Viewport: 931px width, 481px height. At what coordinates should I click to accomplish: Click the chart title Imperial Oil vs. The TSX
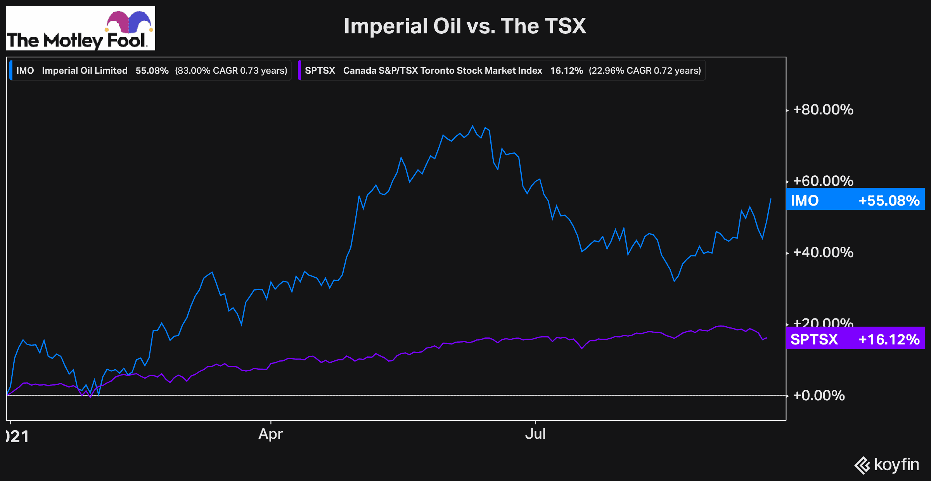[465, 26]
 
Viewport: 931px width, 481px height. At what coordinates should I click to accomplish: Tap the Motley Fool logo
[81, 29]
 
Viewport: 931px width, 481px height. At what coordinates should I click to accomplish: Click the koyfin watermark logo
[887, 465]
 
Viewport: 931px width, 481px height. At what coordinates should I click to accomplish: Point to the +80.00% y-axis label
[823, 110]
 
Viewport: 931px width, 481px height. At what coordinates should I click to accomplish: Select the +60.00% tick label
[823, 181]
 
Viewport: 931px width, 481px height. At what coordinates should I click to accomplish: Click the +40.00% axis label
[823, 253]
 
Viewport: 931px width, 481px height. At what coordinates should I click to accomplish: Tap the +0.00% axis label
[819, 396]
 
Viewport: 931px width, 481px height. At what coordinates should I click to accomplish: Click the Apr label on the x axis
[270, 434]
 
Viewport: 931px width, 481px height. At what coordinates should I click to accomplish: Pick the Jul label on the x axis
[535, 434]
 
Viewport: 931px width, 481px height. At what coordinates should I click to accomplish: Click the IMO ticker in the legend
[25, 71]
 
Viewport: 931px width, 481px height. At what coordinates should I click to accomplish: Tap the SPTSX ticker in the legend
[320, 71]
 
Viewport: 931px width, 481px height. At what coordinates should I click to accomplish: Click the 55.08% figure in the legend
[152, 71]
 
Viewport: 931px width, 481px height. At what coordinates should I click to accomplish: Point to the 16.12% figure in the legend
[566, 71]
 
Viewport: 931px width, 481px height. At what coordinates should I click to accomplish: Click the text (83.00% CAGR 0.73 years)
[231, 71]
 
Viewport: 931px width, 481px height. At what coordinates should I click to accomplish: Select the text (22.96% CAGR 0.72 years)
[645, 71]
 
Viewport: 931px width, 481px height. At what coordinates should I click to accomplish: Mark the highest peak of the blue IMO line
[472, 126]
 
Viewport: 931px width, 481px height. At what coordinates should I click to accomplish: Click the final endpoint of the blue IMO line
[771, 199]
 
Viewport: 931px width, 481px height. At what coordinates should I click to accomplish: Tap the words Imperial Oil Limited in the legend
[85, 71]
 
